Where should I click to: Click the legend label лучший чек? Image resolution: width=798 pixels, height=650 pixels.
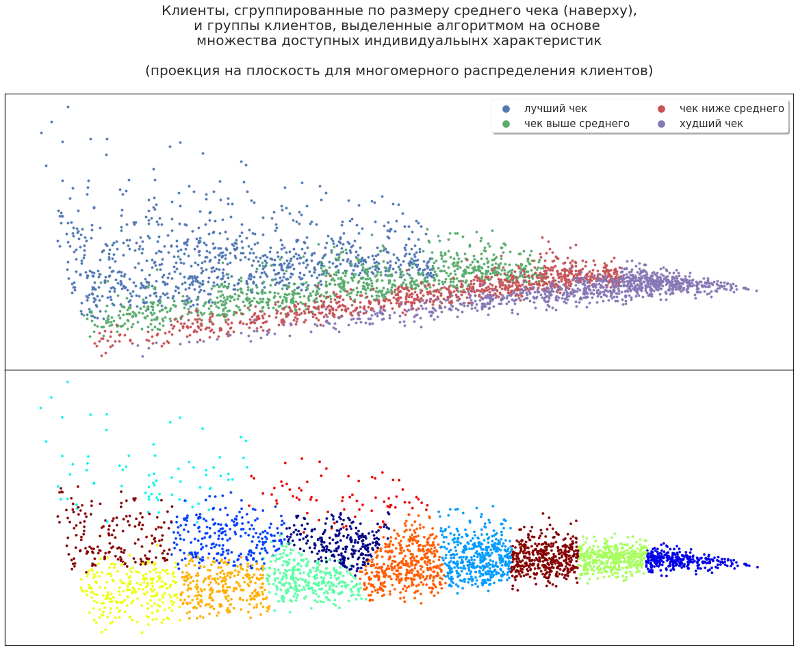[x=555, y=109]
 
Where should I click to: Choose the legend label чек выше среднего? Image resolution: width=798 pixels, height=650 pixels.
[x=576, y=124]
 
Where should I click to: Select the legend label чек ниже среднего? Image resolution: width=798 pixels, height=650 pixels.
[x=731, y=109]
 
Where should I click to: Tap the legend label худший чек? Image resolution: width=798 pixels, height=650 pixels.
[x=710, y=124]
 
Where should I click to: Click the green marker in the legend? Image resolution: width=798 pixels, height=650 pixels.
[x=506, y=124]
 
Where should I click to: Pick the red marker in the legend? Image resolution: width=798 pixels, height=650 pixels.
[x=661, y=109]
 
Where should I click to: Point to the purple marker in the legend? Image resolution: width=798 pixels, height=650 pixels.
[x=661, y=124]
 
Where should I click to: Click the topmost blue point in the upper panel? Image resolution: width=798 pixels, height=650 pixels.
[x=67, y=107]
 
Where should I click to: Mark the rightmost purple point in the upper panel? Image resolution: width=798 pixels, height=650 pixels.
[x=756, y=290]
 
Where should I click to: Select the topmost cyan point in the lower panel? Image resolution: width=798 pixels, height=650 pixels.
[x=67, y=381]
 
